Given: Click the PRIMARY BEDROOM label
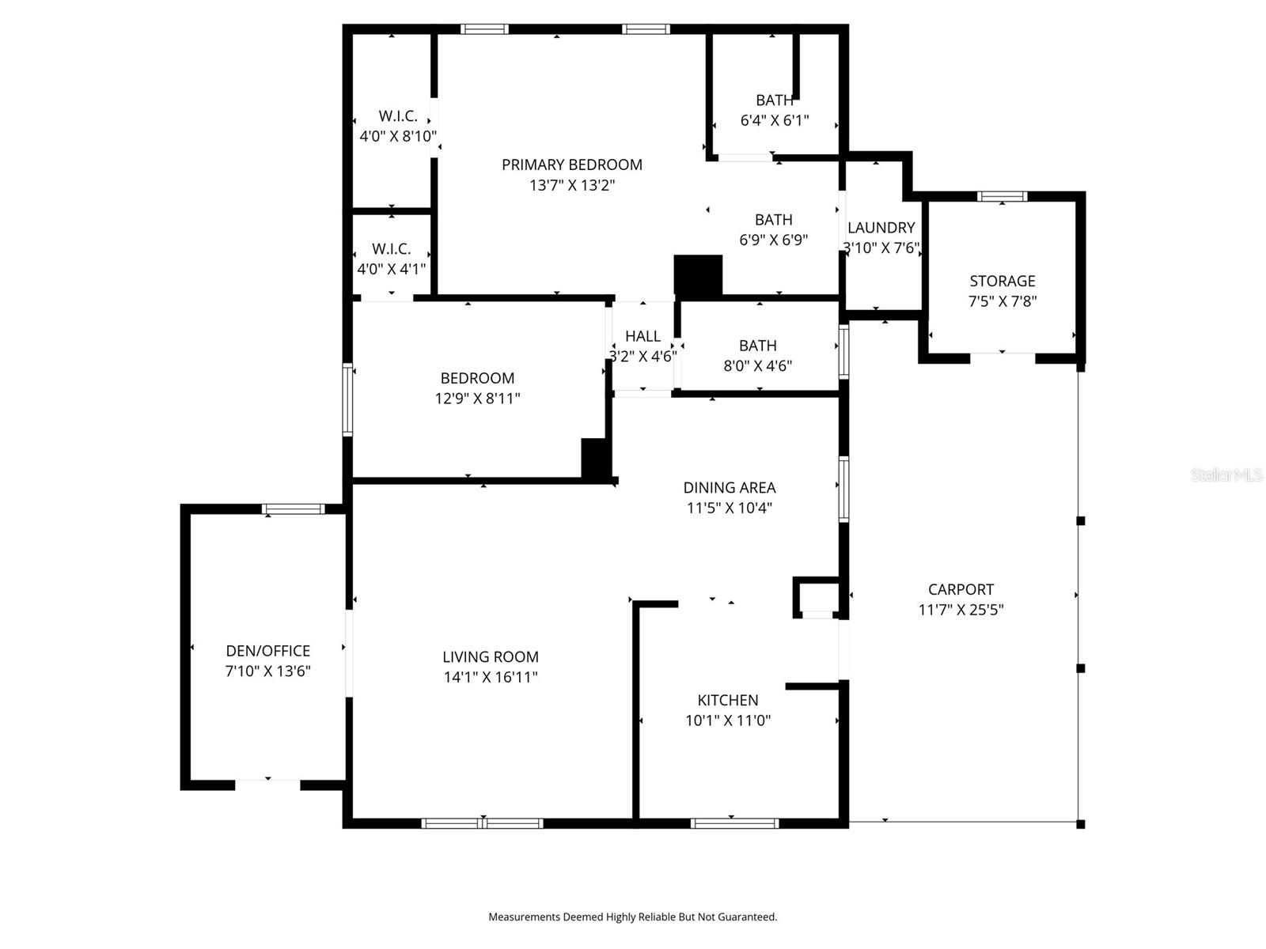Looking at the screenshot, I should point(571,164).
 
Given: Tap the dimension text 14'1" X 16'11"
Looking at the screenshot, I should point(491,677).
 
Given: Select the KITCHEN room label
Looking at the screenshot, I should point(727,700).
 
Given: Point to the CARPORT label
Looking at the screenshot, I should point(961,589).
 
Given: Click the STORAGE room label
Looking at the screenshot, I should point(1002,281).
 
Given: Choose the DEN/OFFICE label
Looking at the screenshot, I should point(267,651).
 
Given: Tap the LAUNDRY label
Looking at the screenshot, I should point(881,228).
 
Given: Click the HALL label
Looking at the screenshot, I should point(642,336).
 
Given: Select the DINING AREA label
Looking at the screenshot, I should point(729,488).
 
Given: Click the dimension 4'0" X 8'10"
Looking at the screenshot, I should point(398,136).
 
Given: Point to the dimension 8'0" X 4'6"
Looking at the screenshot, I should point(757,366).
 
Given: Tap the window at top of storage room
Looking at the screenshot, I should point(1002,196).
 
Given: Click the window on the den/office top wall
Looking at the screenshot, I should point(293,509).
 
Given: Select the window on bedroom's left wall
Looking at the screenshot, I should point(347,399).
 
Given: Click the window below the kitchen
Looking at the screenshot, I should point(734,823).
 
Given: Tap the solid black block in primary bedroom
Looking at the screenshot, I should point(698,276).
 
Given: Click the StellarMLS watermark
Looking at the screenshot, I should point(1226,475).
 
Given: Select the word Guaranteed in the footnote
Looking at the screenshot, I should point(748,917).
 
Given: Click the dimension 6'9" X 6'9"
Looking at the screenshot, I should point(773,240).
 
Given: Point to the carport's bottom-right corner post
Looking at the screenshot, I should point(1081,824).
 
